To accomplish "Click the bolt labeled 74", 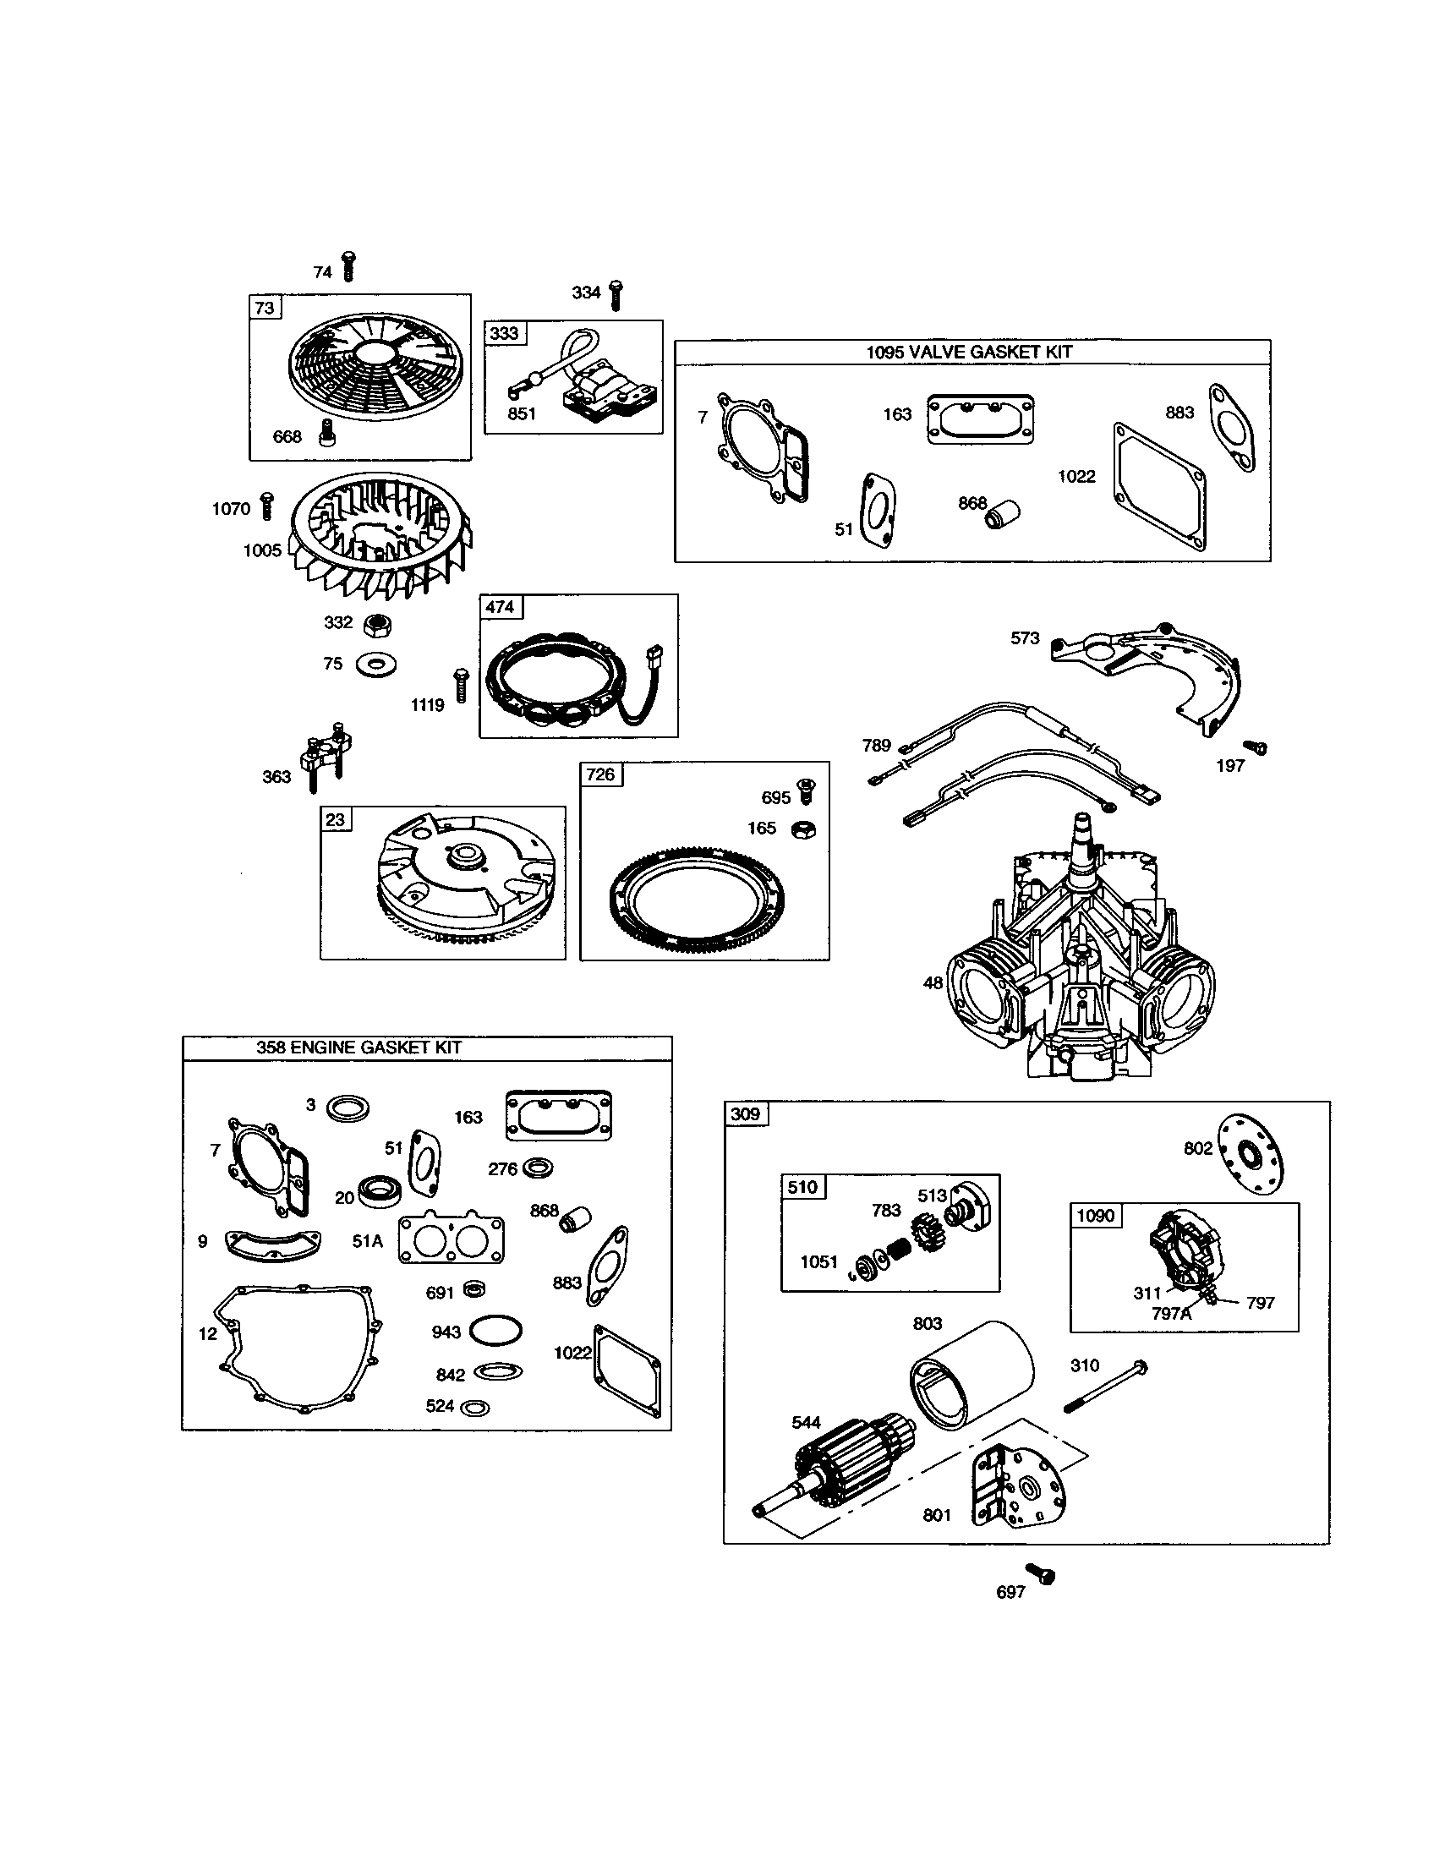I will pos(348,265).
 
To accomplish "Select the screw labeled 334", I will pos(616,295).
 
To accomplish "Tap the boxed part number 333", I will pos(505,333).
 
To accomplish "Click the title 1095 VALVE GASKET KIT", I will pos(969,352).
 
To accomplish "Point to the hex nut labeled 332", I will pos(377,626).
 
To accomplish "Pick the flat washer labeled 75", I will pos(375,665).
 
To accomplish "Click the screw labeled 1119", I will pos(461,685).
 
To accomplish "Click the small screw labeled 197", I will pos(1256,747).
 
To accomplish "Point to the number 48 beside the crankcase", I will pos(933,982).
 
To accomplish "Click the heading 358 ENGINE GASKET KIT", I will pos(358,1048).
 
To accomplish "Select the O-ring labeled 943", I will pos(495,1331).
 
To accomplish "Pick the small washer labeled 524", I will pos(474,1408).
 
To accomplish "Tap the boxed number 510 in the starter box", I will pos(802,1187).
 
